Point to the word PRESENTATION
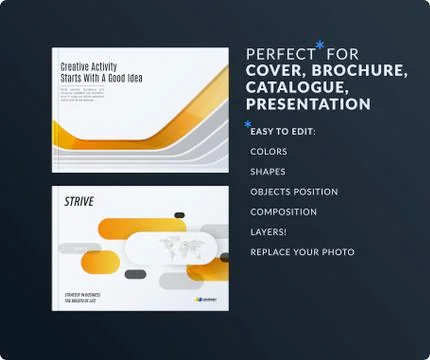click(308, 104)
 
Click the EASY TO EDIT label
click(282, 131)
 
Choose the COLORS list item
click(269, 152)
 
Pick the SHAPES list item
click(268, 172)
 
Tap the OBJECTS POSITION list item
click(294, 192)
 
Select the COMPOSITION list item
click(283, 212)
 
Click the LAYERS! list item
click(268, 232)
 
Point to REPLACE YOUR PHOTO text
click(302, 252)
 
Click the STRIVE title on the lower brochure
click(79, 202)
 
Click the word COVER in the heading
click(275, 70)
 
